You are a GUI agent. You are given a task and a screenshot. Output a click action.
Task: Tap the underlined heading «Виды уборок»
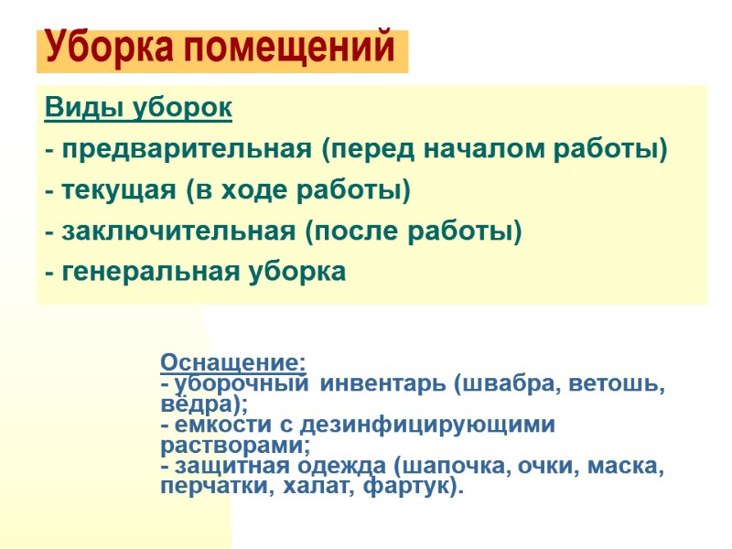click(x=137, y=108)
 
